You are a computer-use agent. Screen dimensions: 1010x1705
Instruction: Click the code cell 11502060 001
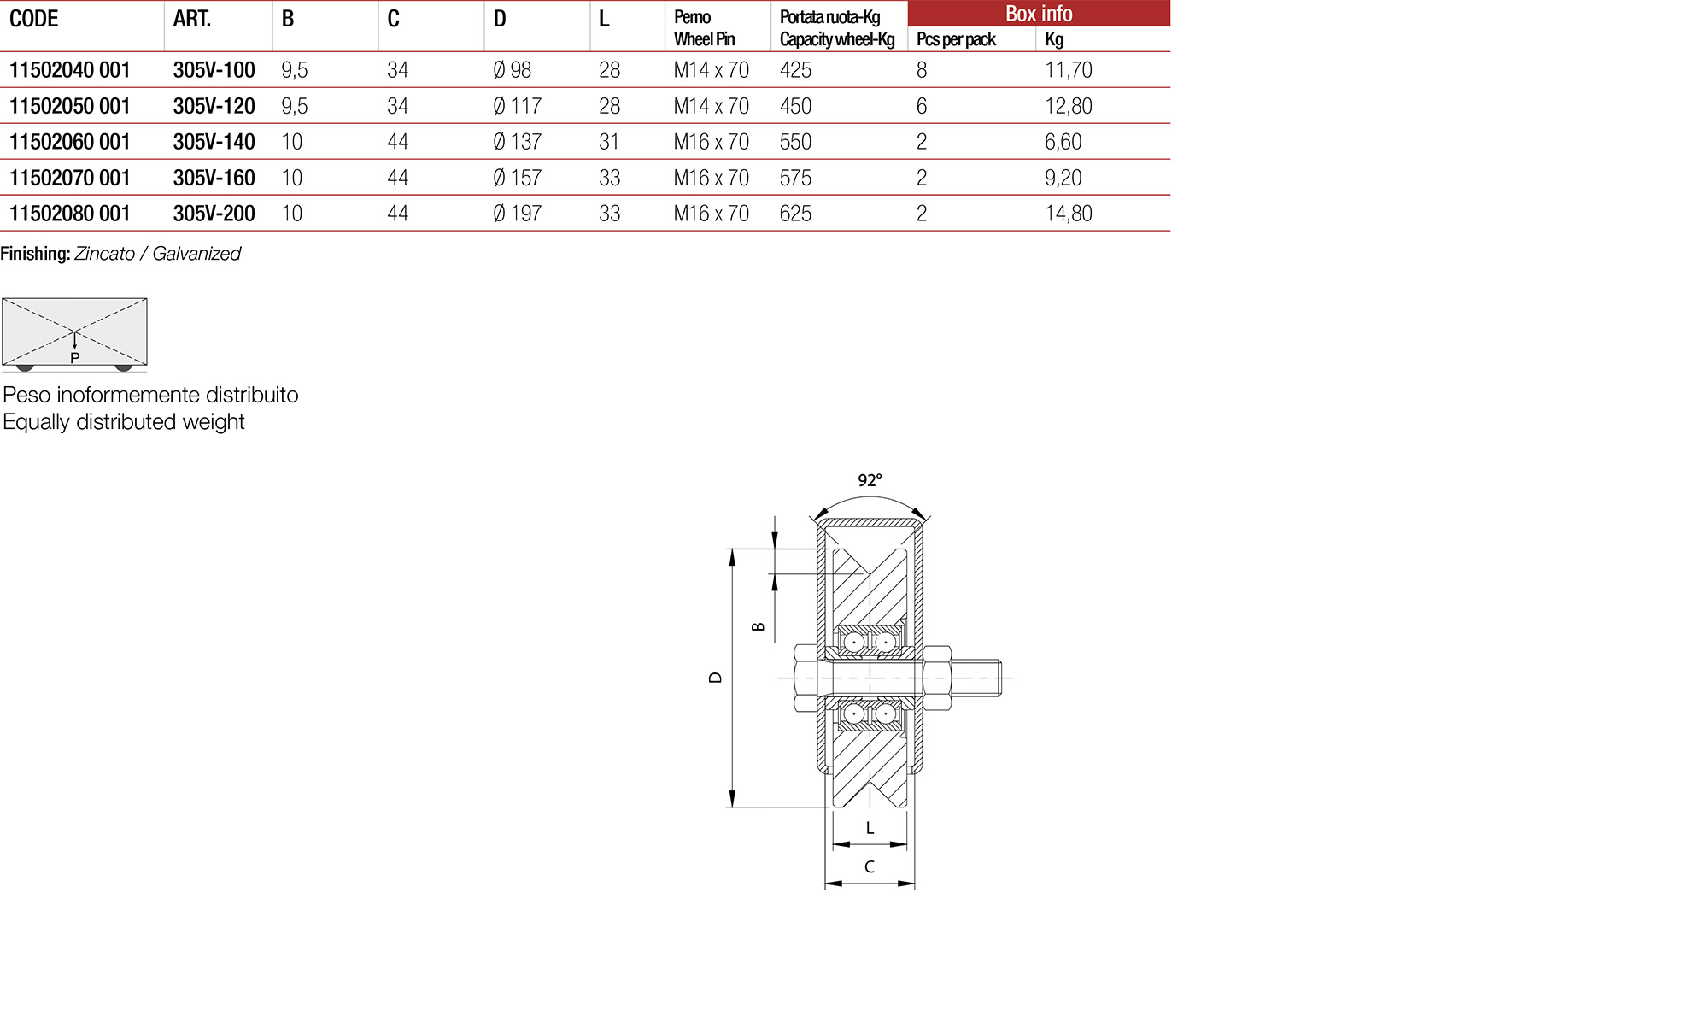point(70,142)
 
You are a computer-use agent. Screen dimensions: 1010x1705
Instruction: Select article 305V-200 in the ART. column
point(214,214)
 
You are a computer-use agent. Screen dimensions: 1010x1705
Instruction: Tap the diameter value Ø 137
point(517,142)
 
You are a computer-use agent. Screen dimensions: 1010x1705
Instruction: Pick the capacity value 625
point(795,214)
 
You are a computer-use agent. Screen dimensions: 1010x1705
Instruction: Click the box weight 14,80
point(1068,214)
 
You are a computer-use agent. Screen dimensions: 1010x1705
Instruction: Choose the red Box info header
point(1038,14)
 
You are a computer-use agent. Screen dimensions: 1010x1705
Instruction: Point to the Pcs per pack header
point(956,39)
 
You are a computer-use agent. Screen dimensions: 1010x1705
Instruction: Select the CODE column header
point(34,19)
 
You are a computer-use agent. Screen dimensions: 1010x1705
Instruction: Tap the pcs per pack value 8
point(922,70)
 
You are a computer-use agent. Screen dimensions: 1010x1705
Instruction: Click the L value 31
point(609,142)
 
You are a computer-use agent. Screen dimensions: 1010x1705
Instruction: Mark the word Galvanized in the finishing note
point(196,254)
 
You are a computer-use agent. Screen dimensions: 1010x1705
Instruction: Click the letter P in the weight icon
point(75,358)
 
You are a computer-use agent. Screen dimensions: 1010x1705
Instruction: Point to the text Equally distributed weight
point(124,422)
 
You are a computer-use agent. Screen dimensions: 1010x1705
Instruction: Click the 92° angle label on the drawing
point(870,480)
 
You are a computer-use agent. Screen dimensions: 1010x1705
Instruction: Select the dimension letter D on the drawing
point(716,678)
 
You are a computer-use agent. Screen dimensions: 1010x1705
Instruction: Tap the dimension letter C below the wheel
point(870,866)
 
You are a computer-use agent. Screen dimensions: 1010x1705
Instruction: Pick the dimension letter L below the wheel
point(870,828)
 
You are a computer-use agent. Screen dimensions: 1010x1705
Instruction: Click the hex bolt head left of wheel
point(806,678)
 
